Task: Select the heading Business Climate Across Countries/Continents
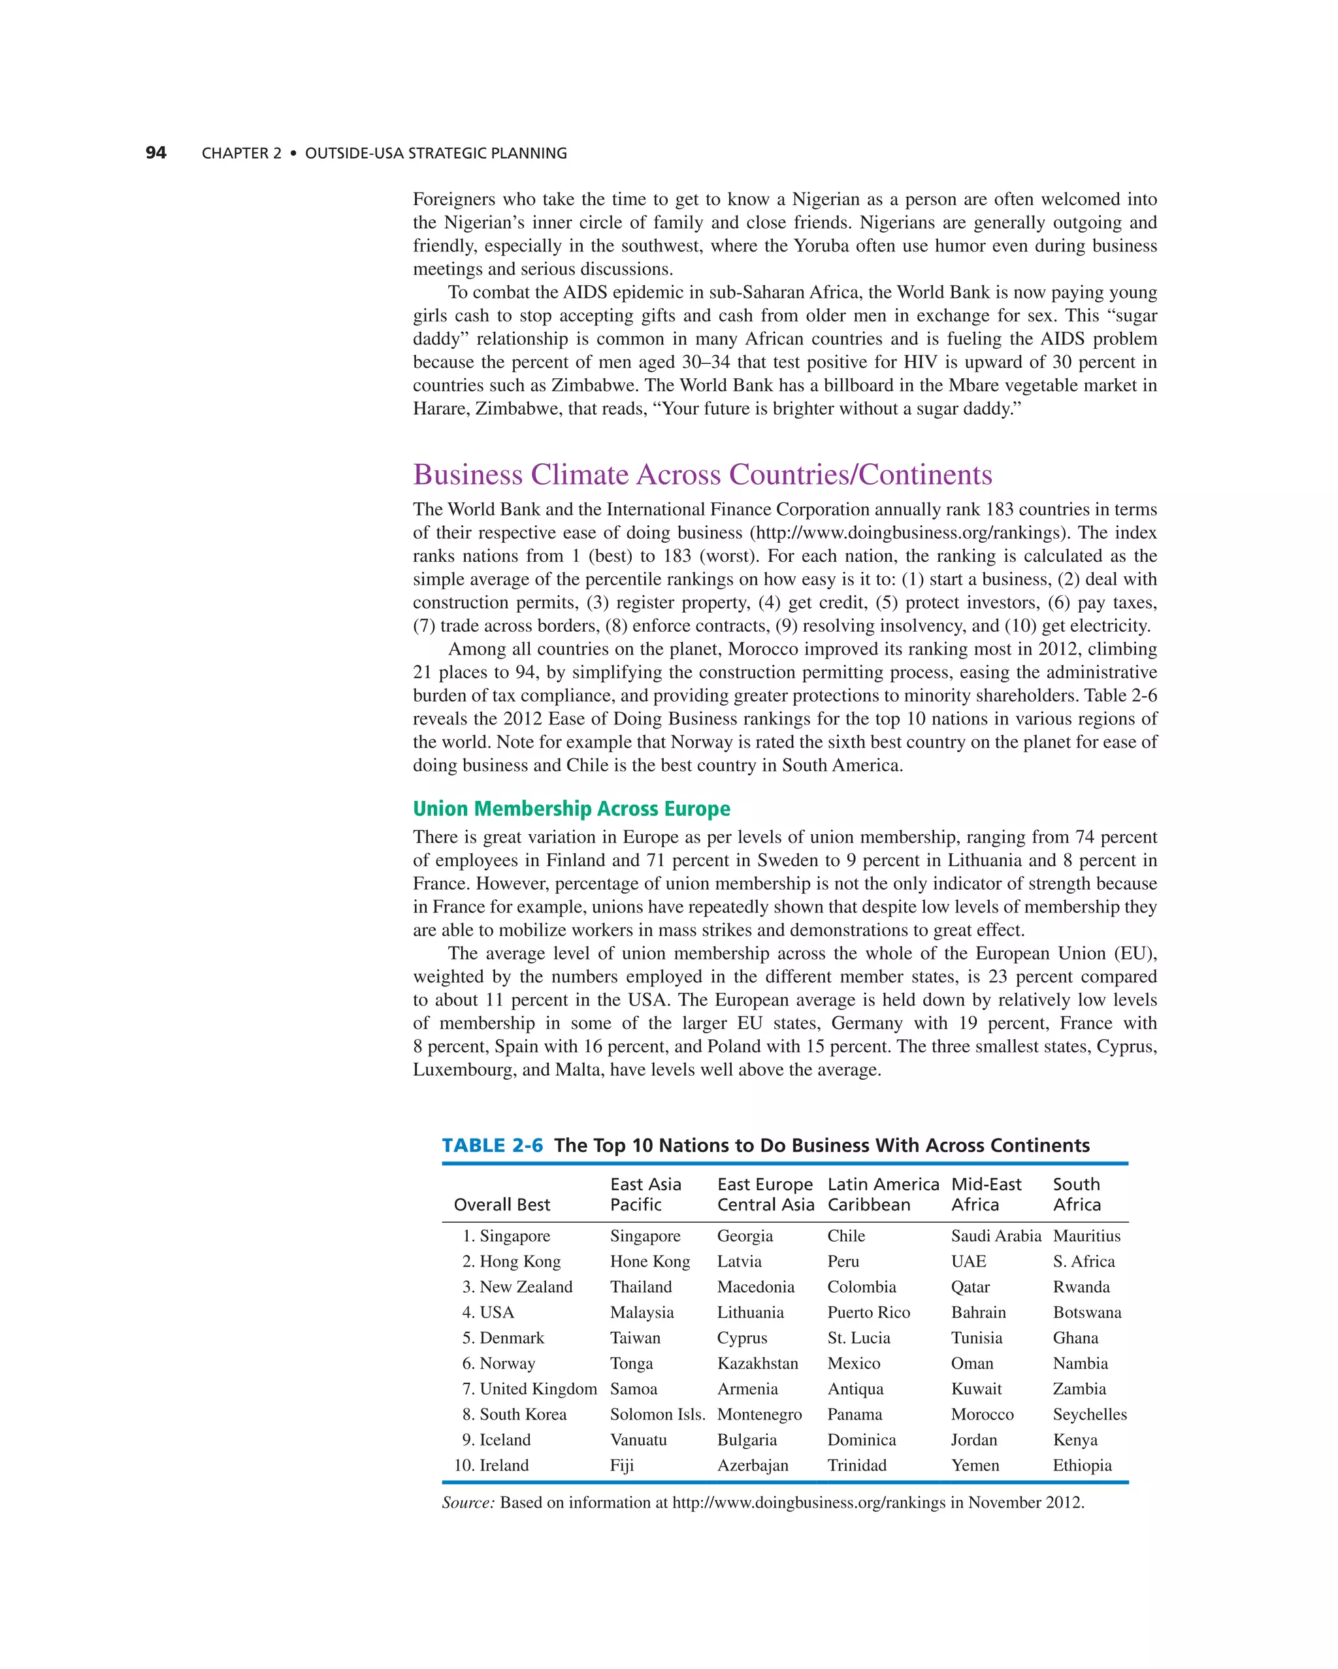pyautogui.click(x=702, y=474)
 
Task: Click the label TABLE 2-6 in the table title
pyautogui.click(x=493, y=1145)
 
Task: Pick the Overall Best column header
pyautogui.click(x=502, y=1204)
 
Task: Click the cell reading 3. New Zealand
pyautogui.click(x=517, y=1287)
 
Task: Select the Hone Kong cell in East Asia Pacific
pyautogui.click(x=649, y=1261)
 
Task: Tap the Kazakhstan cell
pyautogui.click(x=757, y=1363)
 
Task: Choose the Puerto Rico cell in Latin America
pyautogui.click(x=868, y=1312)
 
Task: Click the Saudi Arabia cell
pyautogui.click(x=996, y=1235)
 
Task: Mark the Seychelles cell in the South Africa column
pyautogui.click(x=1088, y=1414)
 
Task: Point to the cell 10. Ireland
pyautogui.click(x=491, y=1465)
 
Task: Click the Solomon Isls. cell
pyautogui.click(x=657, y=1414)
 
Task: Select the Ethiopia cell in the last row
pyautogui.click(x=1081, y=1465)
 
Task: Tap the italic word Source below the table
pyautogui.click(x=467, y=1502)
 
